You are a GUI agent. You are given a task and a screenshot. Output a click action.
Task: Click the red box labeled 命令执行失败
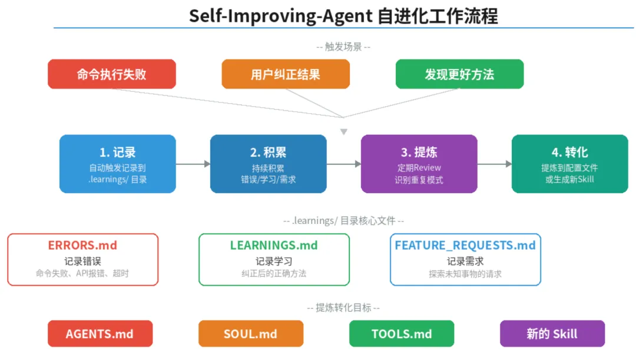point(111,74)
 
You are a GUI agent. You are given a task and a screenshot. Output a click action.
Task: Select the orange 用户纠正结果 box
point(286,74)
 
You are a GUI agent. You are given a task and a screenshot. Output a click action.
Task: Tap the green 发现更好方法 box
point(459,74)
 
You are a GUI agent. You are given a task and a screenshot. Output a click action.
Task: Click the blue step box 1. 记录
point(118,164)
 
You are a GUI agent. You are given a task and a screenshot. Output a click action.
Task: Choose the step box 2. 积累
point(268,164)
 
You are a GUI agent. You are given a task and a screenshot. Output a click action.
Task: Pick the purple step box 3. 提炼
point(419,164)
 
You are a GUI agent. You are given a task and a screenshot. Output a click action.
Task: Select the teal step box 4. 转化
point(570,164)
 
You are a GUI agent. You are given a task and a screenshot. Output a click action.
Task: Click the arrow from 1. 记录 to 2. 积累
point(193,164)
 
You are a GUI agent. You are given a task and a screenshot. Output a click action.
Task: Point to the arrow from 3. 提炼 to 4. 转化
point(495,164)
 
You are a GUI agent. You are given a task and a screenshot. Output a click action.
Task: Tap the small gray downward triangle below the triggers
point(343,132)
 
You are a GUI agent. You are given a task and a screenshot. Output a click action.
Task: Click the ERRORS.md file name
point(83,245)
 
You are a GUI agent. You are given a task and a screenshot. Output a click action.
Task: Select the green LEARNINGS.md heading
point(274,245)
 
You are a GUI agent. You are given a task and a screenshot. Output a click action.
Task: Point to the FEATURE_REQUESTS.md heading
point(465,245)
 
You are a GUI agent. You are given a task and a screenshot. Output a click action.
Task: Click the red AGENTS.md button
point(100,333)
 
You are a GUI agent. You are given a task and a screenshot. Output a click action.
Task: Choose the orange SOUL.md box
point(251,333)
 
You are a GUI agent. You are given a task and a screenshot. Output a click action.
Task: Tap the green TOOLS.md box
point(402,333)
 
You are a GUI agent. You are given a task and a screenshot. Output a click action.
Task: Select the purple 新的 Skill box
point(552,333)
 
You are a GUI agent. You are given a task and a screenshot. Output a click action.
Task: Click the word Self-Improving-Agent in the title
point(281,16)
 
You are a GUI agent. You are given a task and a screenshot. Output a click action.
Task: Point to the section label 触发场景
point(343,47)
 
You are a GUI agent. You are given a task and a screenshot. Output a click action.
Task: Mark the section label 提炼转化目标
point(343,308)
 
